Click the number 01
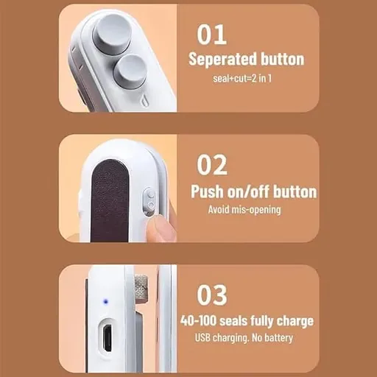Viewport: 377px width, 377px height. pos(211,35)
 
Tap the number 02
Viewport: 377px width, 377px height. pos(212,165)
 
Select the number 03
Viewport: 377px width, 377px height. pos(212,295)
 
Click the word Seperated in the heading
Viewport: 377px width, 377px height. pos(219,60)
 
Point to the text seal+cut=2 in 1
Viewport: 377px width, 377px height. pos(242,79)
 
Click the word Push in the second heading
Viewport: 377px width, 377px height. pos(207,191)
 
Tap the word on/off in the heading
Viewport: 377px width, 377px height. pos(248,191)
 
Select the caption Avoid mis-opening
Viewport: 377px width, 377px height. pos(244,210)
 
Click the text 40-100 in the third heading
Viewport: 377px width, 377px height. pos(198,321)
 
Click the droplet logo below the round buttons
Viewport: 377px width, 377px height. pos(145,100)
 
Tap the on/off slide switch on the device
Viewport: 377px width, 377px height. pos(149,201)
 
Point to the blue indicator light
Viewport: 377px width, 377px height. pos(105,301)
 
